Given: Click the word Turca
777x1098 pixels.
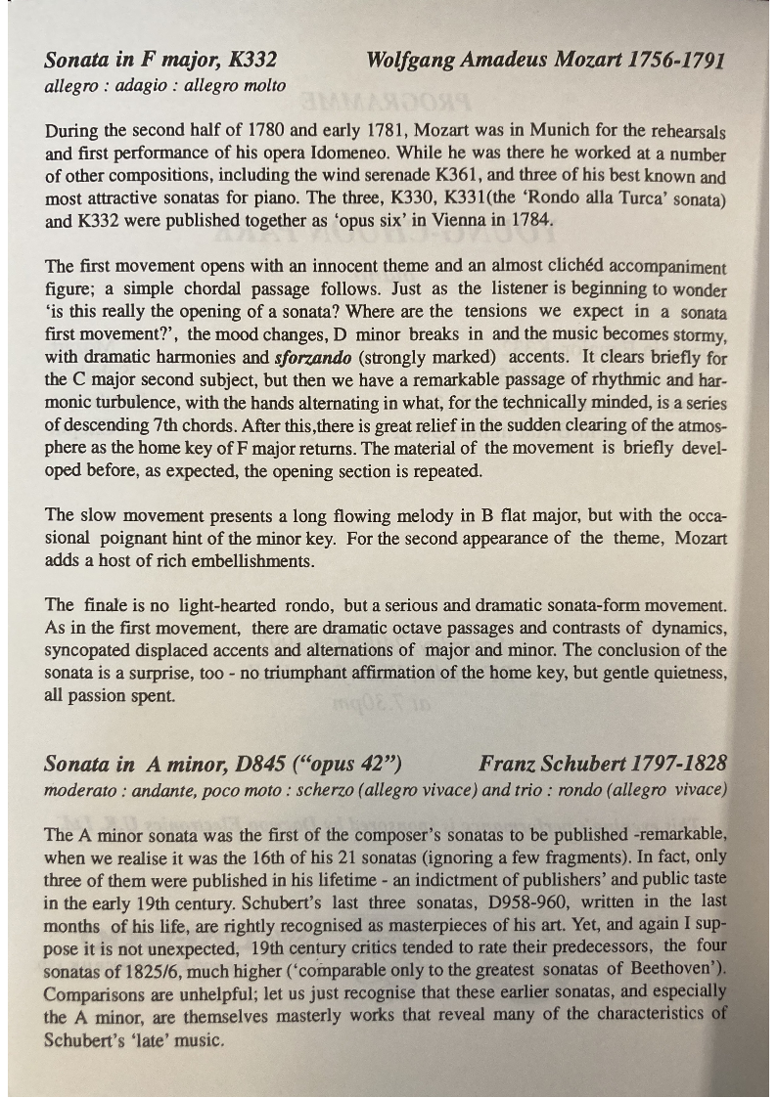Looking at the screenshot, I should point(618,199).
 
